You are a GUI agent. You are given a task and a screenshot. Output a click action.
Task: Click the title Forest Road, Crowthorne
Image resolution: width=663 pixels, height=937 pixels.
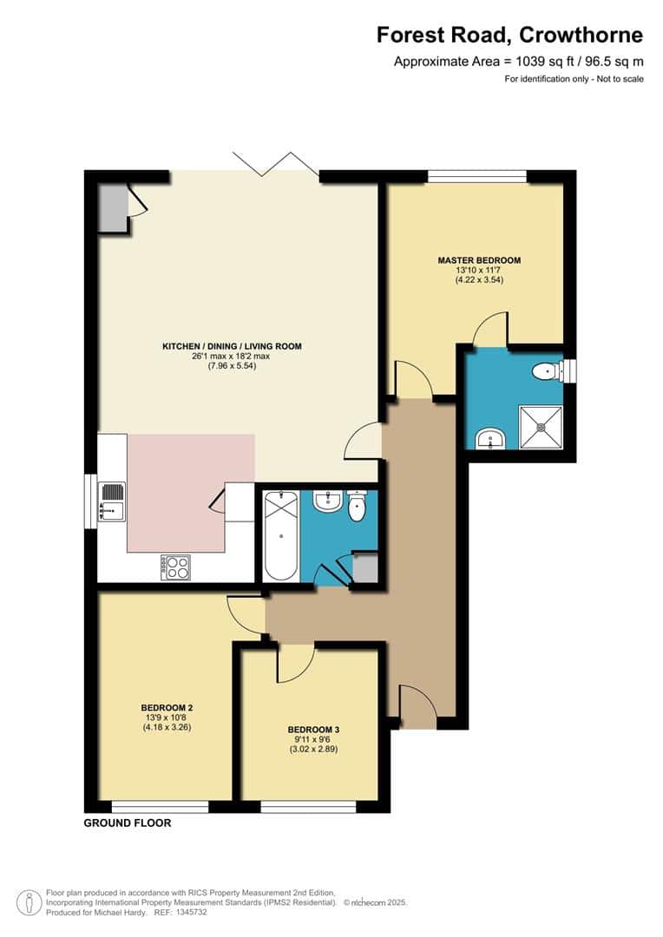point(509,35)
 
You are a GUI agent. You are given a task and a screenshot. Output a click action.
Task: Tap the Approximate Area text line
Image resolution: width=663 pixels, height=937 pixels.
point(519,62)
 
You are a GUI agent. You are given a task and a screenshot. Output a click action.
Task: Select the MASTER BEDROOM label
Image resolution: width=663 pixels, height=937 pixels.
point(479,260)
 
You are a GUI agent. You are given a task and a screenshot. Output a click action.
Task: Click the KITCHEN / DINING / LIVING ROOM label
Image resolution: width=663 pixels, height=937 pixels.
point(232,346)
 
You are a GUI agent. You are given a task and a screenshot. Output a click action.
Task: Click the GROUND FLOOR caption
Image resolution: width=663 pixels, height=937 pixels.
point(127,822)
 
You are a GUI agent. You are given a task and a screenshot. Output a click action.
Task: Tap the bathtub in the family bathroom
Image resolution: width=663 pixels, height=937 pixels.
point(279,535)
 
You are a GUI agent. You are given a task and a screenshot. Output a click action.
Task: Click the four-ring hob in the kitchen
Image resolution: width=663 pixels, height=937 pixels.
point(176,567)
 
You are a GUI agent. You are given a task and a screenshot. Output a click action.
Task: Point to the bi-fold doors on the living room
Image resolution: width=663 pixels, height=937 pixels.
point(275,165)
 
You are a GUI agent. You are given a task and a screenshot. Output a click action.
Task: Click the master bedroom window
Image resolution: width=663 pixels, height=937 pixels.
point(476,176)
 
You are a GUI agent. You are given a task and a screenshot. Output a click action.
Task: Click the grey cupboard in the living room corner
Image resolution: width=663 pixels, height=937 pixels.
point(112,207)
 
